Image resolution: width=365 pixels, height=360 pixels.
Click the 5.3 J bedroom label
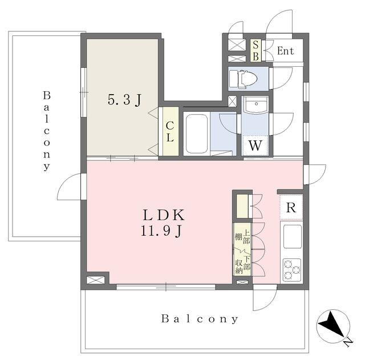click(x=124, y=100)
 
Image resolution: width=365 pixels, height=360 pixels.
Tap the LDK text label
click(x=164, y=215)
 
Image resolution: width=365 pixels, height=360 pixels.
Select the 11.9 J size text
click(x=161, y=231)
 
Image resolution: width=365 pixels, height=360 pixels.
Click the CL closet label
click(x=170, y=132)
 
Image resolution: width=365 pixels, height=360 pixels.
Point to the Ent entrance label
click(x=285, y=51)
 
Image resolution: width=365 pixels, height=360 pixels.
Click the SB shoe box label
click(x=255, y=51)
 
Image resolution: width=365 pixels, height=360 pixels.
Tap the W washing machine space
click(x=255, y=145)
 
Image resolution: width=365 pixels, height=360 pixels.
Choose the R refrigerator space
click(x=291, y=207)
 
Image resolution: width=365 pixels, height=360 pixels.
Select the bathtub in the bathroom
click(x=197, y=134)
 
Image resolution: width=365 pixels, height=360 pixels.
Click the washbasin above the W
click(x=256, y=104)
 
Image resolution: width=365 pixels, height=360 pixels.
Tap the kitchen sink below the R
click(x=293, y=237)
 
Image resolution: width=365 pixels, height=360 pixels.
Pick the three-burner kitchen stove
click(x=292, y=270)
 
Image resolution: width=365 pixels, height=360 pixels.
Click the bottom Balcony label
click(x=200, y=319)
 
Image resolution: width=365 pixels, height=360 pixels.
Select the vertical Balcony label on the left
click(x=47, y=131)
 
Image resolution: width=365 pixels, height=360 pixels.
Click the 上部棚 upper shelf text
click(x=243, y=237)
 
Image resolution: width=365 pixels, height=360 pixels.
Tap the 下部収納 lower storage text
click(x=243, y=264)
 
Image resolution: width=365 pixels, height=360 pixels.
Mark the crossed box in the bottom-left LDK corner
click(x=95, y=280)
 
